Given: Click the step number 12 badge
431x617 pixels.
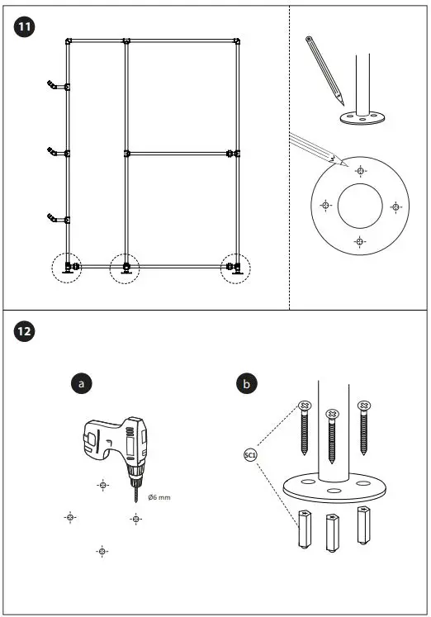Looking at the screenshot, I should coord(26,331).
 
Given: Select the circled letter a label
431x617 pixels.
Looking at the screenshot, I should coord(81,383).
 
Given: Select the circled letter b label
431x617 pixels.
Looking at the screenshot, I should coord(246,383).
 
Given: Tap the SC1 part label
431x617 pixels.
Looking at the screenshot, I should coord(250,454).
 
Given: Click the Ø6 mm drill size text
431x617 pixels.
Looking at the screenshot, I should coord(159,496).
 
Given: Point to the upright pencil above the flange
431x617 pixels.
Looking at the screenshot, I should coord(325,69).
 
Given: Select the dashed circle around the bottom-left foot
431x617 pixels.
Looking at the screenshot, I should coord(68,268).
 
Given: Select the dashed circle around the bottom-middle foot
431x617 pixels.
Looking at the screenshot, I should coord(126,268).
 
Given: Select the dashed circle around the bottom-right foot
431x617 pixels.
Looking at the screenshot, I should coord(236,268).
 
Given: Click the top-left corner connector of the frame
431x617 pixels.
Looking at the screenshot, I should coord(69,40).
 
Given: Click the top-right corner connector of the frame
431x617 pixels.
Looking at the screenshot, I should coord(237,40).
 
